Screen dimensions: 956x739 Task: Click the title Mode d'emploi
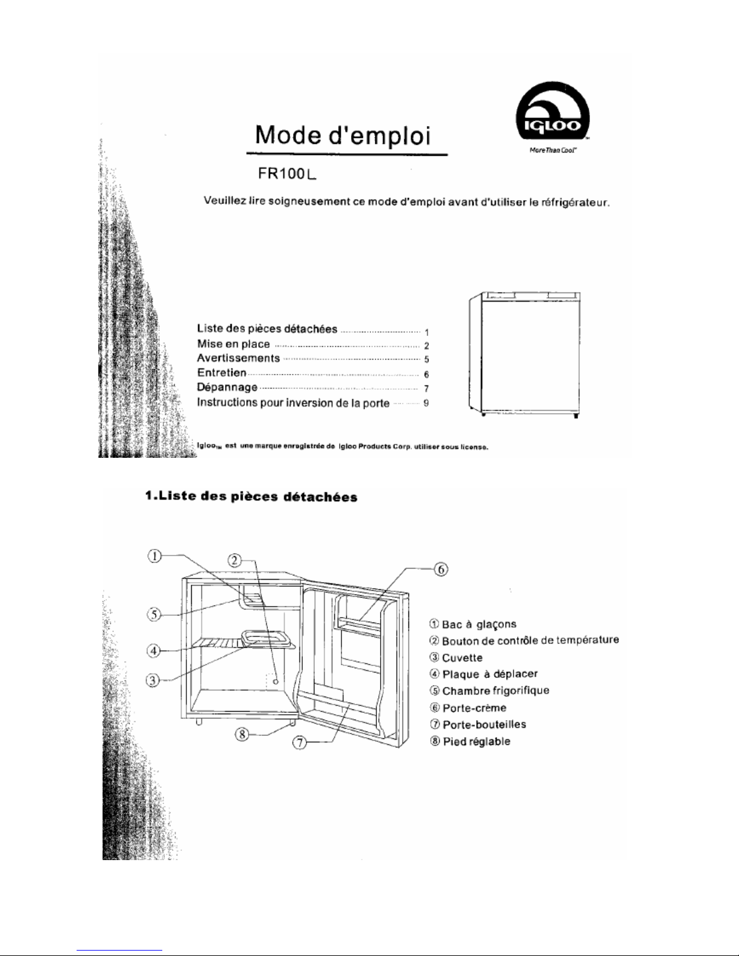343,136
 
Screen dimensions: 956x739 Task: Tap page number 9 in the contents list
426,403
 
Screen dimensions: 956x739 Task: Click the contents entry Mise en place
233,344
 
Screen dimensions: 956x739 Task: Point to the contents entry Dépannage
227,387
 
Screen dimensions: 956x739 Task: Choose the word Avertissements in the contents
238,358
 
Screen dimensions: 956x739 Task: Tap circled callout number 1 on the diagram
156,556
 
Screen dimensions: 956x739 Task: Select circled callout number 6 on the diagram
441,569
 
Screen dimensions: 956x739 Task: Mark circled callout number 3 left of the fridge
154,680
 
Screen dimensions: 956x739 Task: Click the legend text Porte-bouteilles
484,724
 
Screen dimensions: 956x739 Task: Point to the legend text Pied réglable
476,741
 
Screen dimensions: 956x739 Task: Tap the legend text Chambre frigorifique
495,691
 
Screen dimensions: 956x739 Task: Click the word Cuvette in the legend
462,657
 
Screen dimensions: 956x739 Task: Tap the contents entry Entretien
222,373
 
